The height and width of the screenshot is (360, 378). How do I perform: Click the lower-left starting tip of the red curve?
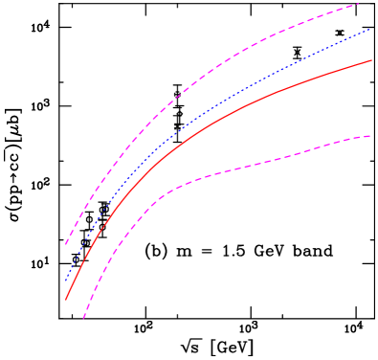pos(66,299)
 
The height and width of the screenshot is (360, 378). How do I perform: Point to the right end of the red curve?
pos(371,59)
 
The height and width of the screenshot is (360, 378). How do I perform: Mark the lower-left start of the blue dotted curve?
pos(66,281)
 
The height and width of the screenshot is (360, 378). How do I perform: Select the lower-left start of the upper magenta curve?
pos(66,244)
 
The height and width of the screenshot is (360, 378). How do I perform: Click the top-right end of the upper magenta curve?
pos(360,4)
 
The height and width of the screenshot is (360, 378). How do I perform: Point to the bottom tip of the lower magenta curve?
pos(84,317)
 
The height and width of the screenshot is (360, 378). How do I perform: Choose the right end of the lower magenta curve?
pos(370,136)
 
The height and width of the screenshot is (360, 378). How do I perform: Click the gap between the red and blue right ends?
pos(368,45)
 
